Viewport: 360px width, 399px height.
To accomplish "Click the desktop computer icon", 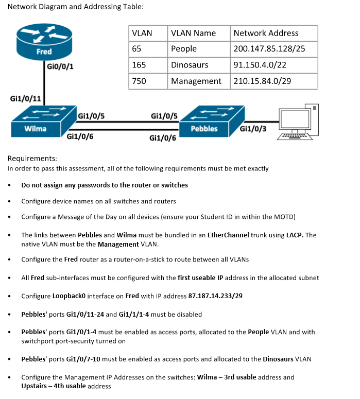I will [296, 124].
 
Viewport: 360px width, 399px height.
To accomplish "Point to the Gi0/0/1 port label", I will [56, 66].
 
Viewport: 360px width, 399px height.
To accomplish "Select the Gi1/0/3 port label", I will [253, 129].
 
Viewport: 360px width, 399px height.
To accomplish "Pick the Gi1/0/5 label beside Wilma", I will [91, 116].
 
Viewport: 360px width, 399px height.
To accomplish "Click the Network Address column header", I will [266, 33].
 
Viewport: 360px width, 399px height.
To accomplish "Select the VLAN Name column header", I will [193, 33].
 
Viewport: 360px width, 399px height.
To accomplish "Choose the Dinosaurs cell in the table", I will [190, 65].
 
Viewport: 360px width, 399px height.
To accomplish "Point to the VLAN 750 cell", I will [139, 81].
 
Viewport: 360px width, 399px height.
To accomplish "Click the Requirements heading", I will [32, 159].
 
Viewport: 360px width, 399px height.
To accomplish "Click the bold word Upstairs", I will [35, 386].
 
